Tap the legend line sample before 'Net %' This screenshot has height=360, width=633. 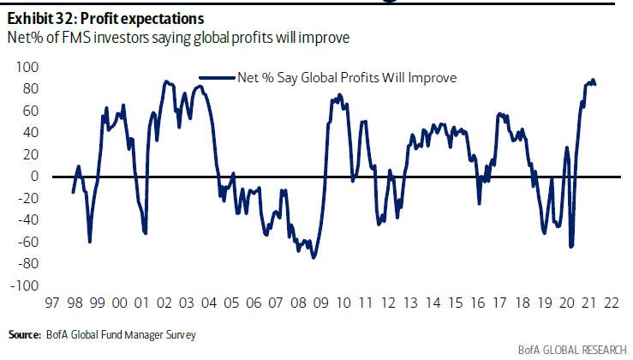pyautogui.click(x=217, y=77)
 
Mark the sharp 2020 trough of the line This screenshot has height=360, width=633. pyautogui.click(x=570, y=246)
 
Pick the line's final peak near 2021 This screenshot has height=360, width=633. pyautogui.click(x=592, y=80)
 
